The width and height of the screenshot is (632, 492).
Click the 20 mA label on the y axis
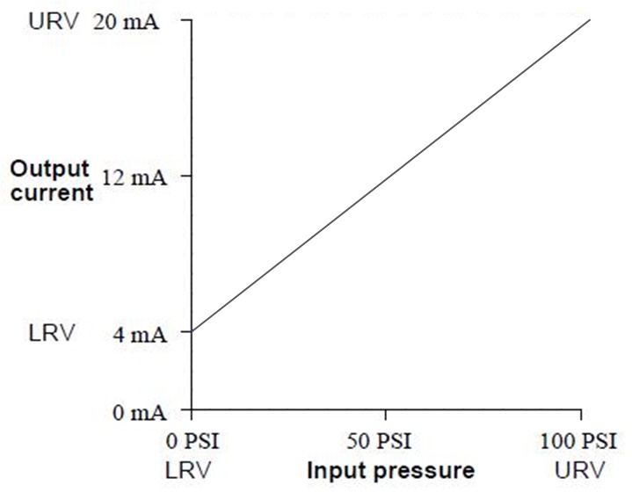click(125, 20)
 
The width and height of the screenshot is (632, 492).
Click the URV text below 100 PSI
click(579, 469)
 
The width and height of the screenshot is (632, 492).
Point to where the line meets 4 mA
click(193, 331)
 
